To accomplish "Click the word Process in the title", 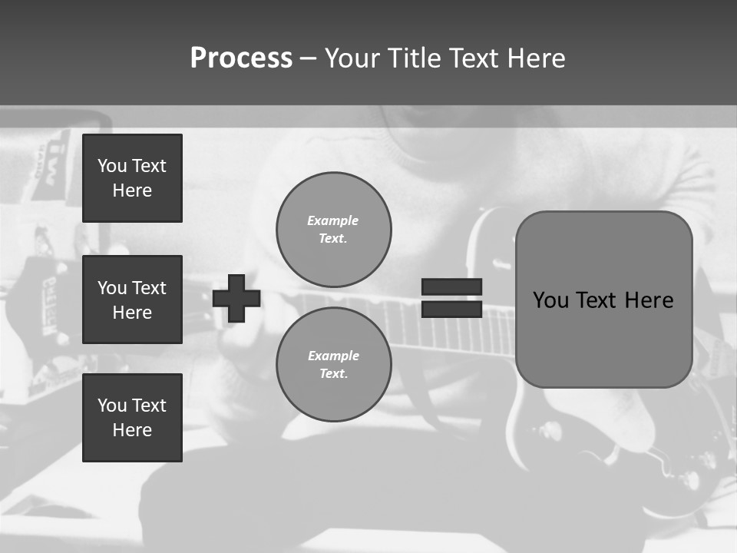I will (x=241, y=58).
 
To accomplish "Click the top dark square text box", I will (x=132, y=178).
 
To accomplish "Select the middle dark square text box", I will (x=132, y=300).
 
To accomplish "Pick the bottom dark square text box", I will (x=132, y=418).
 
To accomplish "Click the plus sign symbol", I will (x=236, y=298).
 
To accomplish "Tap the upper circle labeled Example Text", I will (x=334, y=230).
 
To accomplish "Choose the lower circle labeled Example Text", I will (x=334, y=365).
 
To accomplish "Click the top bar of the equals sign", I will (x=451, y=286).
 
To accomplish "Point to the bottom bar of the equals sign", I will (x=451, y=309).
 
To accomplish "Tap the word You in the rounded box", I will (x=551, y=300).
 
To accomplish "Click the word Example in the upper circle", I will (x=333, y=220).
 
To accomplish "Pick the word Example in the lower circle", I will (x=333, y=356).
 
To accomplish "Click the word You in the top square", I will (x=112, y=166).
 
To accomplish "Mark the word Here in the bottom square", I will (x=132, y=430).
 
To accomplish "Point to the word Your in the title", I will (x=352, y=58).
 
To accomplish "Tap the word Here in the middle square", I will (x=132, y=313).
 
